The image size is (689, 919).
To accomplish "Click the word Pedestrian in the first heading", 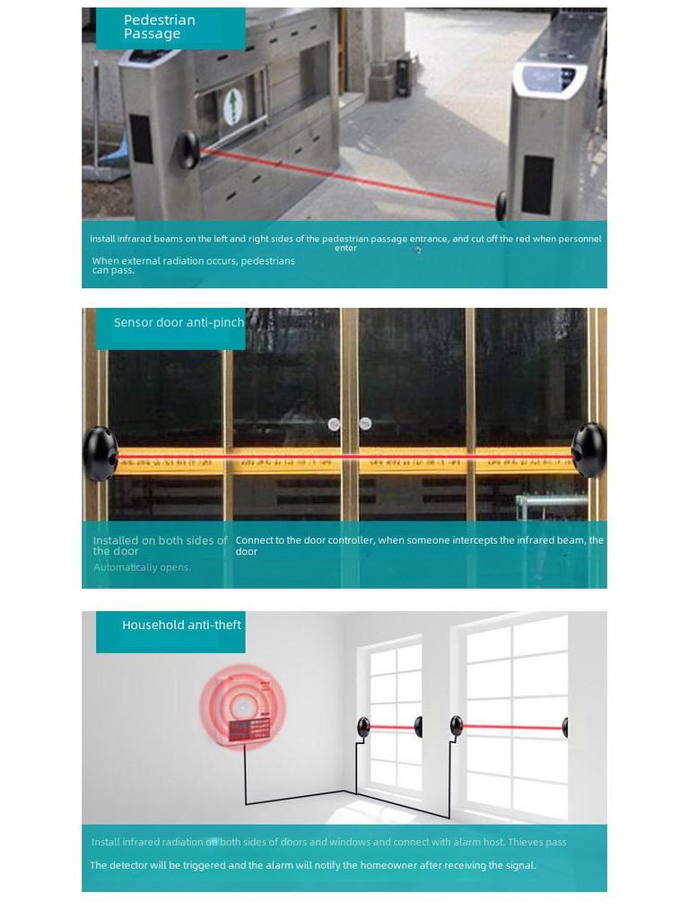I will click(x=159, y=20).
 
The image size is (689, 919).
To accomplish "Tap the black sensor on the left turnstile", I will click(x=188, y=149).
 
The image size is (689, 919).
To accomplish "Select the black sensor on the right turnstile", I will click(x=501, y=205).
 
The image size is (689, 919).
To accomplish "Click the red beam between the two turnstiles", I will click(x=345, y=176).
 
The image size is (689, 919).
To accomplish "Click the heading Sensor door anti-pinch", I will click(x=179, y=322).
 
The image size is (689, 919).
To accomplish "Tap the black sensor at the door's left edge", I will click(x=100, y=453).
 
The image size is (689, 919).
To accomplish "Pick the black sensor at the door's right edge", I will click(x=589, y=450).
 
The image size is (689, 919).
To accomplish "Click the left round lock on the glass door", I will click(x=334, y=424).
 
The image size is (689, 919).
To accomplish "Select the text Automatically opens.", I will click(x=142, y=567).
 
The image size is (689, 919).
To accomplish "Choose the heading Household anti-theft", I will click(x=181, y=625).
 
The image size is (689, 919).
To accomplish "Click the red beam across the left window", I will click(x=391, y=727).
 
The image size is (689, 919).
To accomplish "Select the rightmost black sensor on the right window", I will click(x=565, y=727).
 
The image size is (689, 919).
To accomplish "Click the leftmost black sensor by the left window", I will click(x=363, y=727).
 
